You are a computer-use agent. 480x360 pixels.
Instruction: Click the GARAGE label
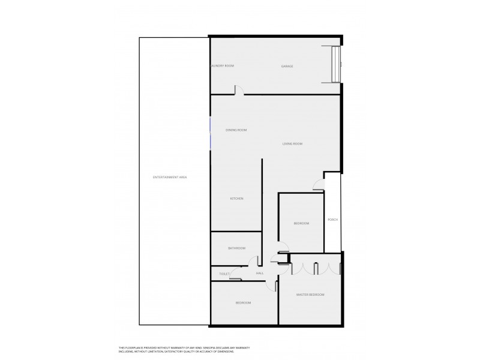point(287,66)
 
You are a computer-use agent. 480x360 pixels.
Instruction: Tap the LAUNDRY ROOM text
point(223,66)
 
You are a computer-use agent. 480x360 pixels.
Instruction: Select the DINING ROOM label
point(236,130)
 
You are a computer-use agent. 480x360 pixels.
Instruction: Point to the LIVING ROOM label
point(293,144)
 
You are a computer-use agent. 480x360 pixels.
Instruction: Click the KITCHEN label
point(236,199)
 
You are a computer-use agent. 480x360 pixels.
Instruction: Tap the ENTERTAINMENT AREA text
point(170,177)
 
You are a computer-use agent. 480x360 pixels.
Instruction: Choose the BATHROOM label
point(236,248)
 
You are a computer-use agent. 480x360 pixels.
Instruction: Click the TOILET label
point(224,274)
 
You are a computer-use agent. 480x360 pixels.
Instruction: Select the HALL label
point(260,274)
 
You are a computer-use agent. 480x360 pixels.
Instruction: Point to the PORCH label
point(332,220)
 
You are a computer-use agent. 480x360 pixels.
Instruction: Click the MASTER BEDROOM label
point(311,295)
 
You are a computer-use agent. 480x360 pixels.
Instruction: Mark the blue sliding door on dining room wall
point(210,133)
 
